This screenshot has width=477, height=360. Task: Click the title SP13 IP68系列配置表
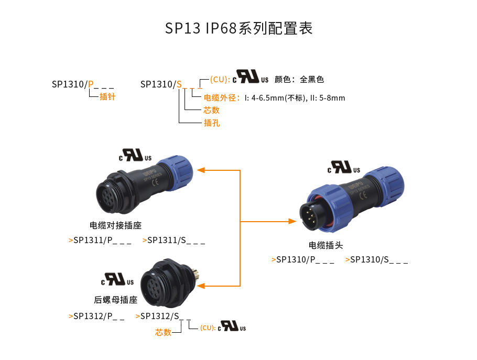pos(238,28)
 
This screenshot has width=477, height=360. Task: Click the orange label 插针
pos(107,97)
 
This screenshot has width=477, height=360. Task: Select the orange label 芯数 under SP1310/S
pos(211,110)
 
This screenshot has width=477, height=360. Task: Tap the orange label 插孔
pos(211,123)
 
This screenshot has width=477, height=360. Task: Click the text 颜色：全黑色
pos(299,80)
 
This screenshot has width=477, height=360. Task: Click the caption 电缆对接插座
pos(115,226)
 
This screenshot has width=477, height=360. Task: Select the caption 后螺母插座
pos(115,300)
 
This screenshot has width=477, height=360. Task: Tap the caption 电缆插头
pos(326,245)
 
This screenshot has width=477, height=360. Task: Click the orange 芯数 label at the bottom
pos(163,332)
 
